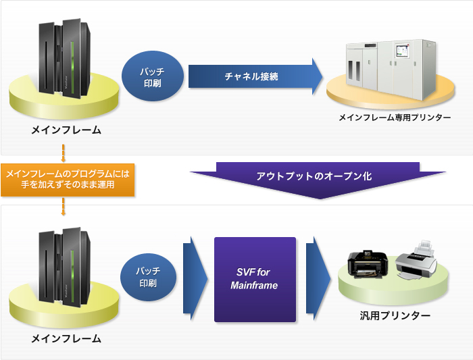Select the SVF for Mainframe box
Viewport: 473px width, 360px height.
point(255,280)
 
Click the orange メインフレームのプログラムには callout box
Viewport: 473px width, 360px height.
point(68,179)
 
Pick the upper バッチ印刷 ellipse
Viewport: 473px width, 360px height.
point(152,77)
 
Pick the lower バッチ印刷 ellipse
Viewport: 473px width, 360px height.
point(151,278)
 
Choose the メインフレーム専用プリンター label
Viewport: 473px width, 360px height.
point(395,118)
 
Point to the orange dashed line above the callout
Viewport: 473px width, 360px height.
point(63,152)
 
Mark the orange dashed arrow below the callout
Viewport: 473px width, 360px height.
point(63,206)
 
